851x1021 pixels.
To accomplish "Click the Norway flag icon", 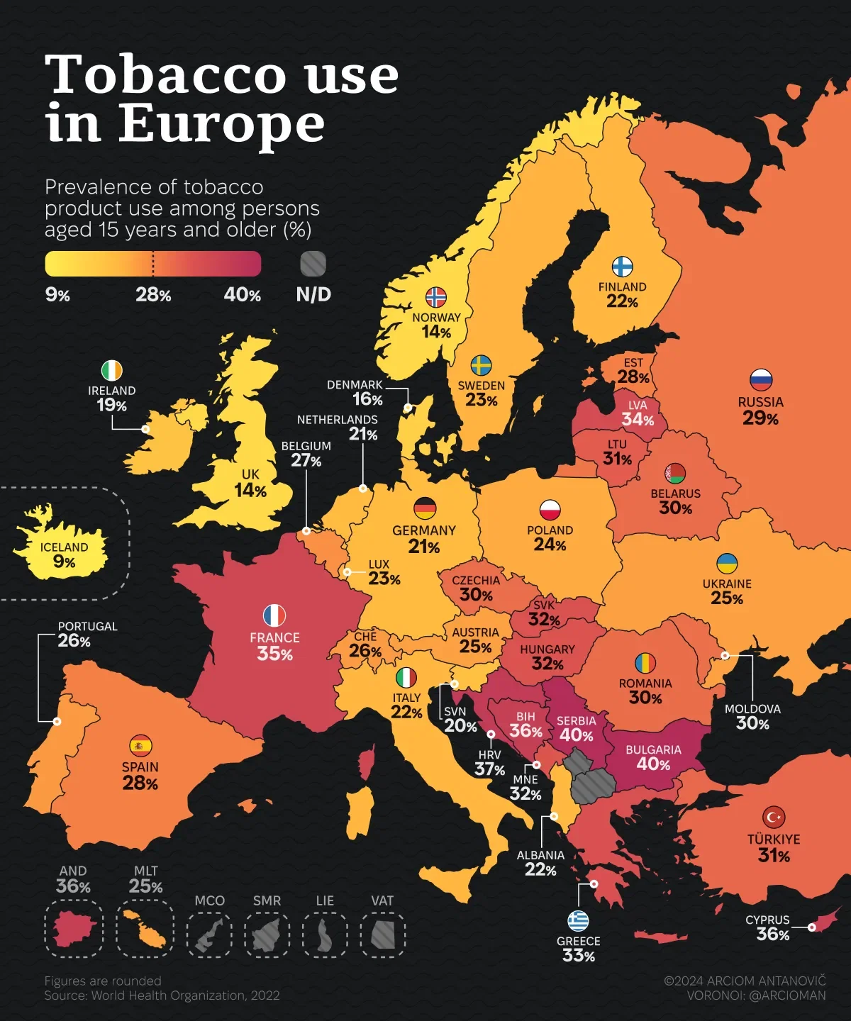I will (435, 297).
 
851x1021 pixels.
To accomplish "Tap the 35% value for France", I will (274, 654).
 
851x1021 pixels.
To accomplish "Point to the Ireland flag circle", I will (111, 371).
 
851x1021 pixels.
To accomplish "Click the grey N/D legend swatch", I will (313, 264).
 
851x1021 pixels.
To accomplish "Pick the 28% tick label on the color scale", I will (153, 295).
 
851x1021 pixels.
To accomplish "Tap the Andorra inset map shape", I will (73, 928).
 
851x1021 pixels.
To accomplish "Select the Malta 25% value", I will (145, 886).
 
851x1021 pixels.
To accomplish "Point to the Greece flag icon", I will (578, 920).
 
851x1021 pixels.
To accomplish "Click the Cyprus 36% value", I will (772, 934).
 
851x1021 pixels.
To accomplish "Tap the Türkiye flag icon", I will (773, 817).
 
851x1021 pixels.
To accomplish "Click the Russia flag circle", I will (760, 380).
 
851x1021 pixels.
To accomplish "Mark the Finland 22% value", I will (622, 301).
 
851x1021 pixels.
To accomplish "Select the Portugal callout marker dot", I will (57, 721).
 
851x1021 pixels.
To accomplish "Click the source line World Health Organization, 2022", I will (162, 995).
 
